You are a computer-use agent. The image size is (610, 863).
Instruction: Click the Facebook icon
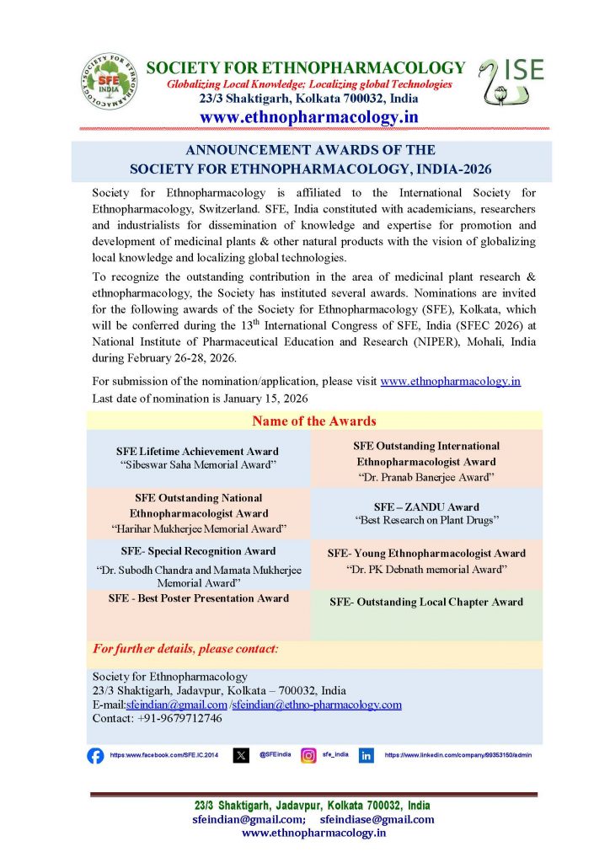coord(95,755)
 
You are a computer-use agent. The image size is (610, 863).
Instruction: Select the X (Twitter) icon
coord(241,755)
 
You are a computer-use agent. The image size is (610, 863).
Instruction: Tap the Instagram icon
coord(309,755)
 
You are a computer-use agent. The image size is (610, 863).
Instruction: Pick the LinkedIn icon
coord(367,755)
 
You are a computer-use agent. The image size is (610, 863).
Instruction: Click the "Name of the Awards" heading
coord(314,421)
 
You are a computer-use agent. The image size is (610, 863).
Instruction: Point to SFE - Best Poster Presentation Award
coord(199,598)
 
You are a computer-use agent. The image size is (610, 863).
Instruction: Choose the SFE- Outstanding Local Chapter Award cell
coord(426,602)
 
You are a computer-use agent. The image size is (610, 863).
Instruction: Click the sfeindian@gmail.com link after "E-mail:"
coord(176,705)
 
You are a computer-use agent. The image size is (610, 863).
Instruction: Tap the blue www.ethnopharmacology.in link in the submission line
coord(450,381)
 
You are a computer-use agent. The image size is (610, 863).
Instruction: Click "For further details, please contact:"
coord(185,649)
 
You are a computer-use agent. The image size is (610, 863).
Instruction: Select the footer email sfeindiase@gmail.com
coord(377,819)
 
